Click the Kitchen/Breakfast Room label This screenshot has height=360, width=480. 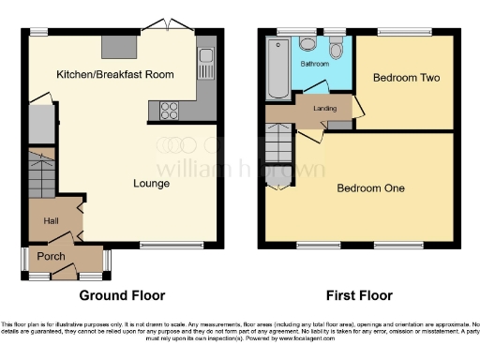click(114, 74)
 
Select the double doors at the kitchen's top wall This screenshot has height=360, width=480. click(167, 26)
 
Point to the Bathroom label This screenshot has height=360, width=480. click(314, 65)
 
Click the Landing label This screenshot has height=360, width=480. click(325, 110)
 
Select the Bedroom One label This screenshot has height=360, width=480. click(370, 188)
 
